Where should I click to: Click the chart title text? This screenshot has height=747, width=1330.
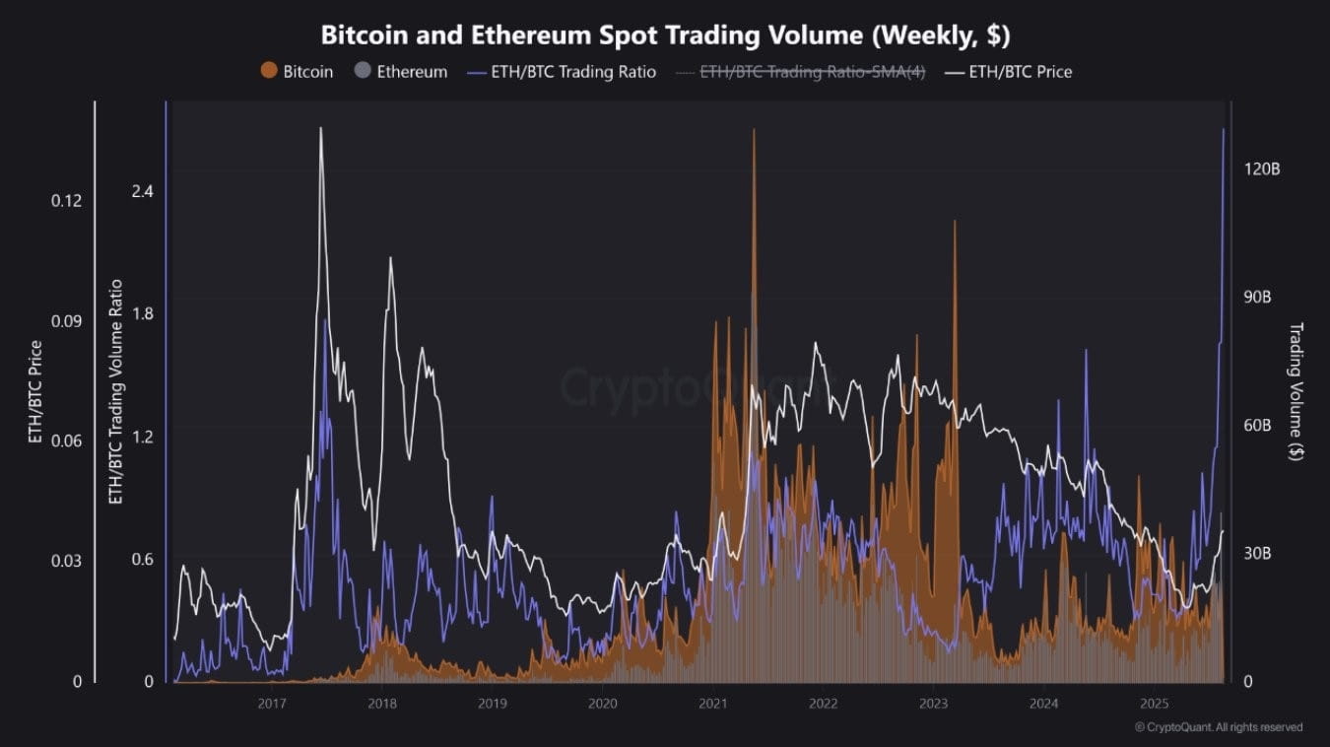(x=665, y=34)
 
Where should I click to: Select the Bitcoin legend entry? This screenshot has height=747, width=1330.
(x=297, y=72)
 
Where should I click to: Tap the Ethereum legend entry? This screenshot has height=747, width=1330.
(x=400, y=72)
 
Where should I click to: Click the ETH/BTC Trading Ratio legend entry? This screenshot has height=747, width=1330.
(x=561, y=72)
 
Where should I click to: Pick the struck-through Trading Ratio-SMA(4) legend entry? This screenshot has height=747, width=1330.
(x=800, y=72)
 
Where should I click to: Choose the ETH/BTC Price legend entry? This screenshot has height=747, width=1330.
(x=1008, y=72)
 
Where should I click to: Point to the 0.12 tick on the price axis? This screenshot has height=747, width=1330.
(x=67, y=201)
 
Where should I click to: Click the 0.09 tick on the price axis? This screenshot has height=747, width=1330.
(x=67, y=321)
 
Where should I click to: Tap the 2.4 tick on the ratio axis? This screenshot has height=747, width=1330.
(x=143, y=191)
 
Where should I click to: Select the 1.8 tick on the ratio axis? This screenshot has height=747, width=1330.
(x=143, y=314)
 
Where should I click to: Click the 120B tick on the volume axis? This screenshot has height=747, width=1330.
(x=1262, y=170)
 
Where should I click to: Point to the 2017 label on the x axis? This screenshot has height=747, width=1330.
(x=272, y=704)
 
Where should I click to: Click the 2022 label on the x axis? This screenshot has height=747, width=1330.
(x=823, y=704)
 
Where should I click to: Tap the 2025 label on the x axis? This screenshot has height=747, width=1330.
(x=1154, y=704)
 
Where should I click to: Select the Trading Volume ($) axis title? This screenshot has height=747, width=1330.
(x=1296, y=391)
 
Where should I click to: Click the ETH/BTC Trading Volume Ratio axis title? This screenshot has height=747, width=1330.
(x=115, y=391)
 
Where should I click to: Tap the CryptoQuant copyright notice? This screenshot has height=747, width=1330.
(x=1218, y=727)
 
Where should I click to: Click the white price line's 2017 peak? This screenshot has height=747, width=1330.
(x=320, y=128)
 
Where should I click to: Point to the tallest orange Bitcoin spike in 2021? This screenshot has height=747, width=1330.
(x=754, y=130)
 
